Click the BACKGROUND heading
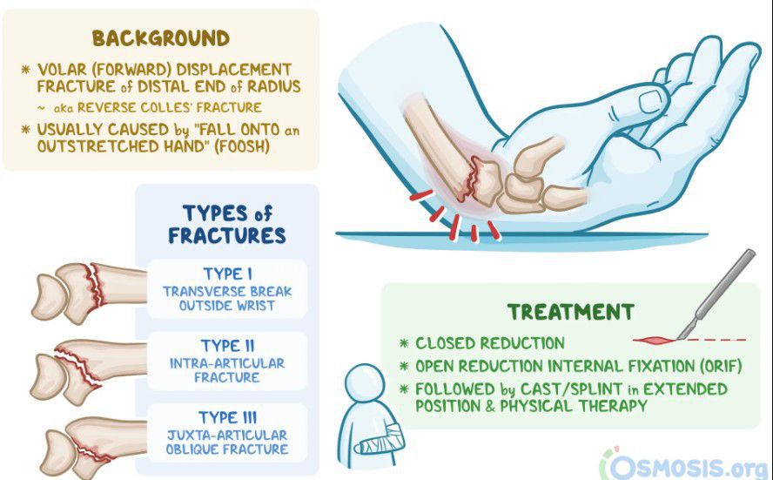[x=161, y=38]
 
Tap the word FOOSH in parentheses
[x=242, y=147]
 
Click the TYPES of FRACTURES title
[x=227, y=225]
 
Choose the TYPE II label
[x=227, y=345]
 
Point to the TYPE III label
[x=227, y=417]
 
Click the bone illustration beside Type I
[x=89, y=293]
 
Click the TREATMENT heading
[x=571, y=312]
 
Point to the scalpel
[x=716, y=294]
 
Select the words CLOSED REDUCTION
[x=489, y=343]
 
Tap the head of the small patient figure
[x=365, y=383]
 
